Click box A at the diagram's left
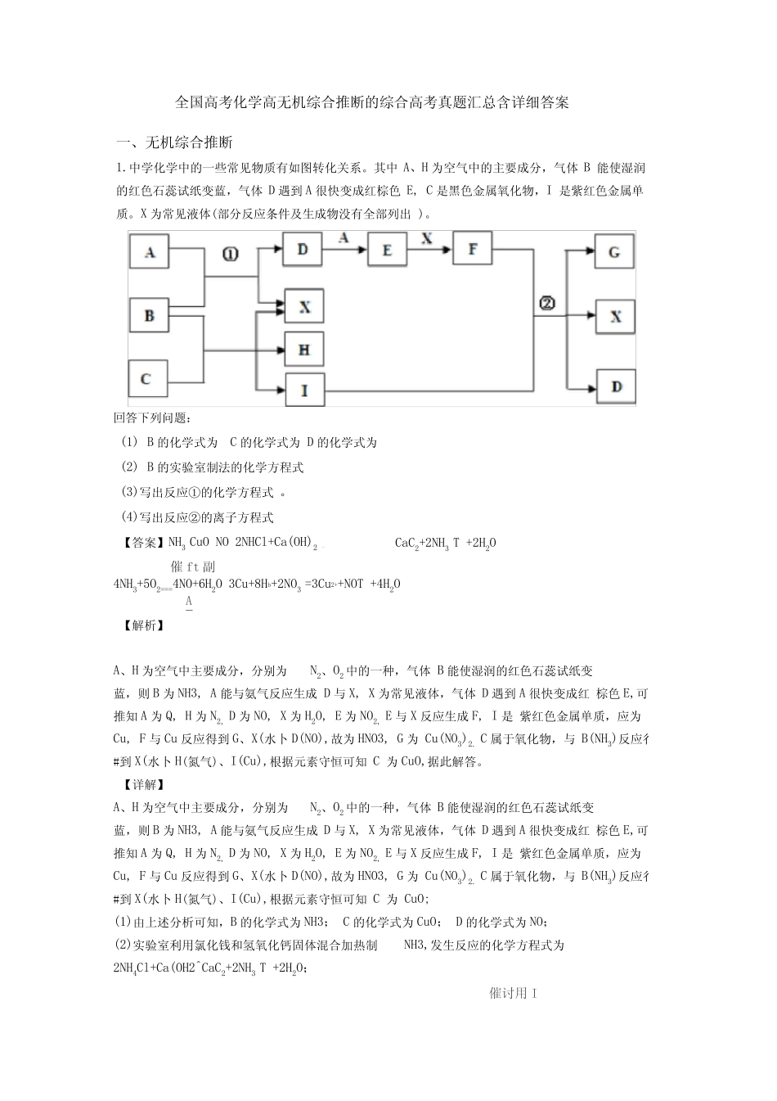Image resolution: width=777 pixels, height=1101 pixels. [150, 253]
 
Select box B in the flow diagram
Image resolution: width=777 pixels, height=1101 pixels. [150, 315]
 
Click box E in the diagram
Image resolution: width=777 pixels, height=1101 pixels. [388, 250]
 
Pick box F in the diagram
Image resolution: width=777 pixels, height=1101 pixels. [472, 248]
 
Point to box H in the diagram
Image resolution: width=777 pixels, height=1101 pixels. [304, 350]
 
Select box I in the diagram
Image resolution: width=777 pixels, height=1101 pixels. [304, 390]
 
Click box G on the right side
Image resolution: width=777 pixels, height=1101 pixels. [615, 252]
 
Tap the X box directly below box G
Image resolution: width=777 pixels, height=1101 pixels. [615, 316]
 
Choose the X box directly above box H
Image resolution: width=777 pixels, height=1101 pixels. [304, 307]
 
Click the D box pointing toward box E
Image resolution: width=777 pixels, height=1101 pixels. [303, 248]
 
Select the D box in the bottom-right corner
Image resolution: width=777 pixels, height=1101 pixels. [615, 386]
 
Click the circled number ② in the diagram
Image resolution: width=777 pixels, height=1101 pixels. [546, 304]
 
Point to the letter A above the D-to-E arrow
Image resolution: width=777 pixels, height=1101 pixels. [344, 237]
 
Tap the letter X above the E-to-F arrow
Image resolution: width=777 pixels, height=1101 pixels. [426, 237]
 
